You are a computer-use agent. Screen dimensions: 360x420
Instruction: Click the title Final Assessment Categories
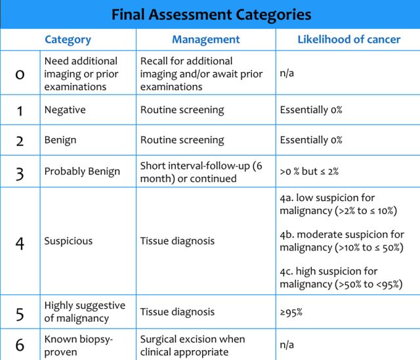pos(210,14)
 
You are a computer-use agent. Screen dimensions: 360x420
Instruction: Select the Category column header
pos(68,39)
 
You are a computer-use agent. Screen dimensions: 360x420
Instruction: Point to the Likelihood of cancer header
pos(348,39)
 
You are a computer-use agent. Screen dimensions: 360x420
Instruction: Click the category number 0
pos(20,73)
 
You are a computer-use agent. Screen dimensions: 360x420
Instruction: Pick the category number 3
pos(20,171)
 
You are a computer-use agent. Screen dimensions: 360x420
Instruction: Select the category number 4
pos(20,241)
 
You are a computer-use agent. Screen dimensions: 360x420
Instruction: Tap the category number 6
pos(20,345)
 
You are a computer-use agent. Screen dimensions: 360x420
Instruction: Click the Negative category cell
pos(64,110)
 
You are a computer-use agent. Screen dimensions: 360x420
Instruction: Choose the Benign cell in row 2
pos(60,140)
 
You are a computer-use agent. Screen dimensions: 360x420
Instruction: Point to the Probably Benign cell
pos(82,171)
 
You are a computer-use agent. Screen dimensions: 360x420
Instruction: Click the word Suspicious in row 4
pos(68,241)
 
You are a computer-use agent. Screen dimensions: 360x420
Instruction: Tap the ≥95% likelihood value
pos(291,312)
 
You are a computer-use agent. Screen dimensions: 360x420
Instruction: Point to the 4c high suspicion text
pos(341,277)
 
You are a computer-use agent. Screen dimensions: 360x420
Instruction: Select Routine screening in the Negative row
pos(182,110)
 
